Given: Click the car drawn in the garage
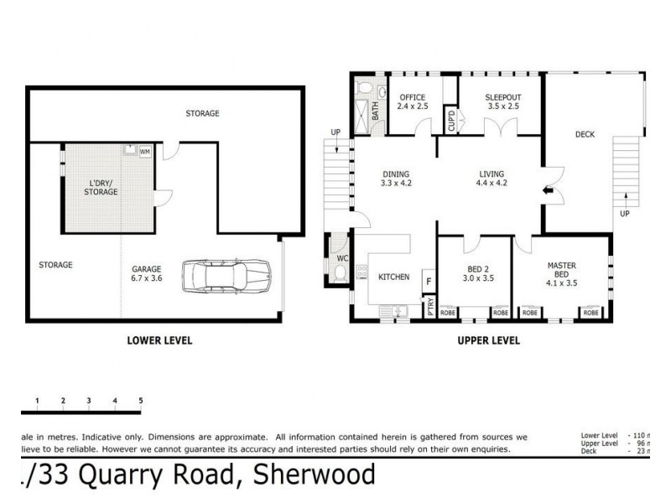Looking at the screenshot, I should coord(226,276).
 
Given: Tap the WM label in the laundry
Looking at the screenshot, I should coord(144,152).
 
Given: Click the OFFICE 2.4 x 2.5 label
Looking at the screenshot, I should coord(413,101).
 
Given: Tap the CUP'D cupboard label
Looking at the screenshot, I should coord(450,120).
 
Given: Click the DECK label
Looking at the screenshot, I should coord(585,134).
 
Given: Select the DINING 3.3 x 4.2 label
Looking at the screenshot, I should coord(396,178).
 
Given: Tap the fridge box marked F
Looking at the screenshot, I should coord(428,282).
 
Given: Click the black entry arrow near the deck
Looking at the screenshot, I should coord(549,193).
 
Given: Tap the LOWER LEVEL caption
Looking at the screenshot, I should coord(159,340).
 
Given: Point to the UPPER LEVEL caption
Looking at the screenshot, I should coord(488,340).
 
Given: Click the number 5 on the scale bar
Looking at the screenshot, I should coord(140,401).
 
